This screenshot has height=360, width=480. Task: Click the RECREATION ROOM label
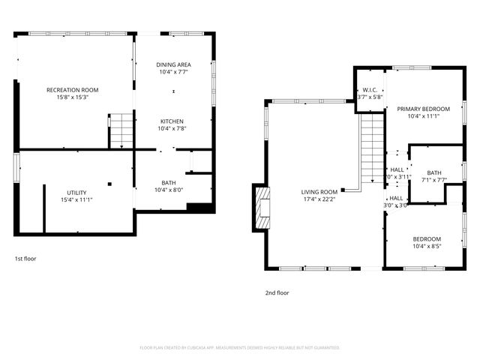[x=73, y=90]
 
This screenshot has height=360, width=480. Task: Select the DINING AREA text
[x=173, y=64]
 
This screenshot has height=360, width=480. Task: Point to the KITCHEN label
[x=172, y=121]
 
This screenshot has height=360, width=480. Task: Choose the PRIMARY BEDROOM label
[x=423, y=109]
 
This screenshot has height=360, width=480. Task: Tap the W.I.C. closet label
[x=370, y=89]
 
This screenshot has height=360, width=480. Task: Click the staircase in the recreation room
[x=121, y=130]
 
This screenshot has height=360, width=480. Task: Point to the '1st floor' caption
[x=25, y=259]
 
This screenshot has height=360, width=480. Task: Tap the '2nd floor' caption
[x=277, y=293]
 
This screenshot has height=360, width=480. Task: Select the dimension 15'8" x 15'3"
[x=73, y=97]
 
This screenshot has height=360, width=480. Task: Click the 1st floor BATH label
[x=169, y=182]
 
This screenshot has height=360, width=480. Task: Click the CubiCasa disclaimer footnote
[x=240, y=348]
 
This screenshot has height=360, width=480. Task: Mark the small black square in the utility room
[x=109, y=182]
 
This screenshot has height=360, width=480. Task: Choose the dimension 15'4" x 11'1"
[x=76, y=200]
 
